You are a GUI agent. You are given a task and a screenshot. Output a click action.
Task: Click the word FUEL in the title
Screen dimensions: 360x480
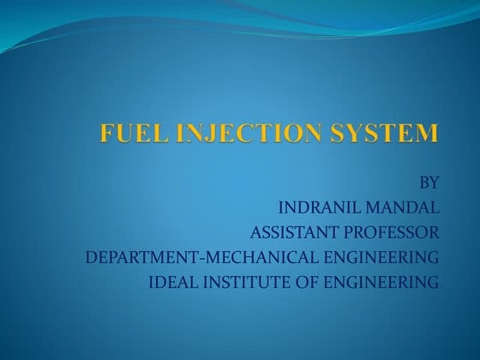tap(128, 135)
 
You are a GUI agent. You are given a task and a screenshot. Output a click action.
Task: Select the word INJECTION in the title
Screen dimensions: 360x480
tap(233, 135)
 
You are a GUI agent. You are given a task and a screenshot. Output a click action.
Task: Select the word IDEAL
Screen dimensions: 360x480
tap(170, 282)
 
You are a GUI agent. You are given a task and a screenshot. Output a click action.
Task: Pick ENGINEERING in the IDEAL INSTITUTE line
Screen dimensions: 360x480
tap(378, 282)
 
